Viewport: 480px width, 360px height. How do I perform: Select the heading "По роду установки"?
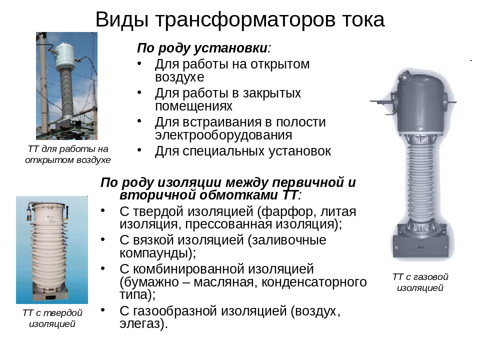202,48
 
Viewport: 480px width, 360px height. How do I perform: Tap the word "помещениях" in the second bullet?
194,106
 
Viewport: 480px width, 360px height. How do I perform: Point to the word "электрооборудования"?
223,135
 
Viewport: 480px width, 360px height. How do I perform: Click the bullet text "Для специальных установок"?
243,151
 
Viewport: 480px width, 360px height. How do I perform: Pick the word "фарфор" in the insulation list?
288,211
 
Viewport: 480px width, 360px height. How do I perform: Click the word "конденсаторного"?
314,282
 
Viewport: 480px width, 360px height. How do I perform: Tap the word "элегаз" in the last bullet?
140,324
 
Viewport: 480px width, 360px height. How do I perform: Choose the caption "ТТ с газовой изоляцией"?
420,282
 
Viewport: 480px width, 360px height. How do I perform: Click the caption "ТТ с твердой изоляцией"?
52,318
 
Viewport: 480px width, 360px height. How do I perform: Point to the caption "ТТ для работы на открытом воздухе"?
67,154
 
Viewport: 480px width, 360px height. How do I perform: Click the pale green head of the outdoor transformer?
65,56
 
